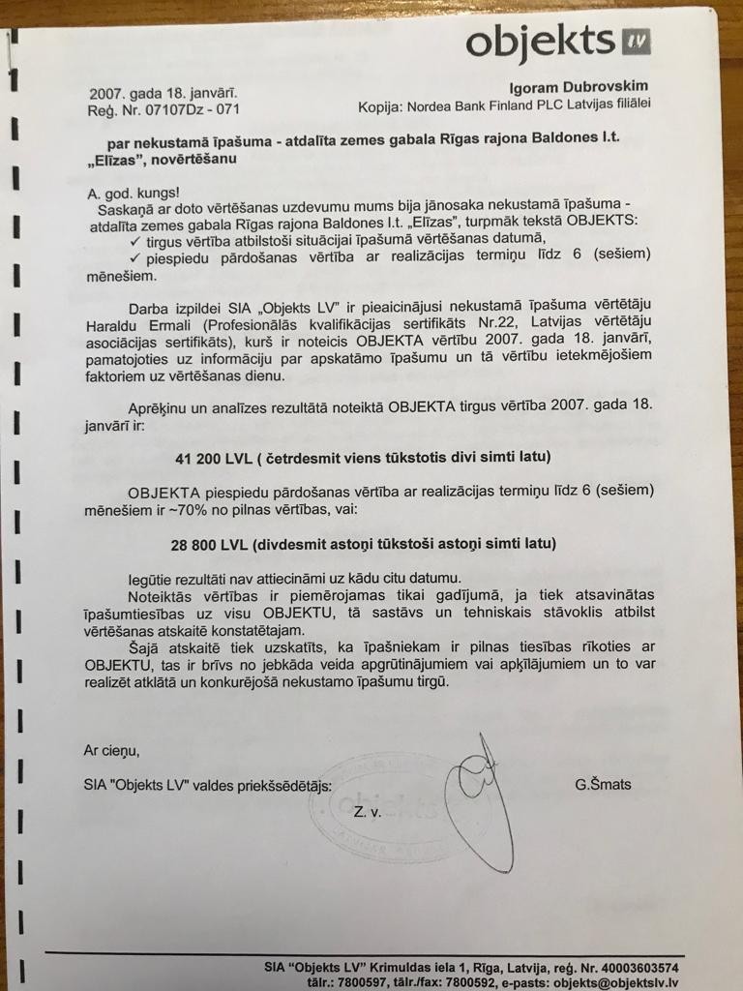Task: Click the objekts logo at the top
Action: pos(557,44)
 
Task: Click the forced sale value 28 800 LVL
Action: pos(209,544)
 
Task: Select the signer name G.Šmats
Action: pos(602,784)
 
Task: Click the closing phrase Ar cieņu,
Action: pos(112,749)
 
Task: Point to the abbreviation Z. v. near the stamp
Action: pos(368,813)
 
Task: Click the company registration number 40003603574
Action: pos(633,967)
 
